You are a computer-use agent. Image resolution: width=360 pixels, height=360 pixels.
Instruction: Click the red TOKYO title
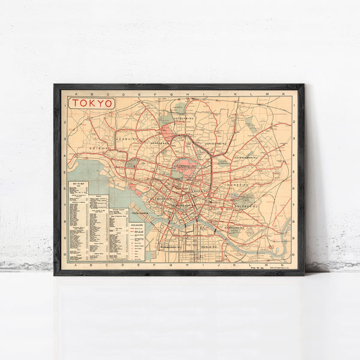point(92,103)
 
